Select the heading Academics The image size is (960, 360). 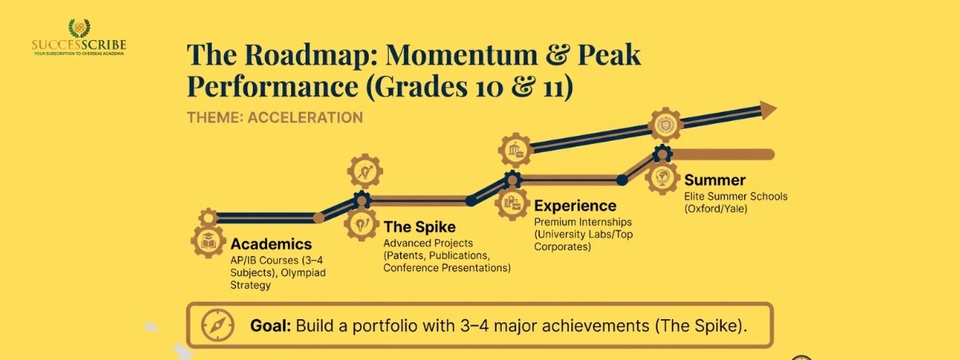coord(271,244)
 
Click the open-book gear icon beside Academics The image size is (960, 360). coord(208,241)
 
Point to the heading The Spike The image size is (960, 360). coord(420,226)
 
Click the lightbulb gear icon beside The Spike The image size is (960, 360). coord(362,223)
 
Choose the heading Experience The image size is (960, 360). coord(575,206)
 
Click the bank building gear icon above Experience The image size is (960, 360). coord(516,150)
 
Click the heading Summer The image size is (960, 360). coord(714,180)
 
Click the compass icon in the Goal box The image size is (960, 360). coord(217,325)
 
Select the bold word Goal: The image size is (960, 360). coord(271,326)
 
